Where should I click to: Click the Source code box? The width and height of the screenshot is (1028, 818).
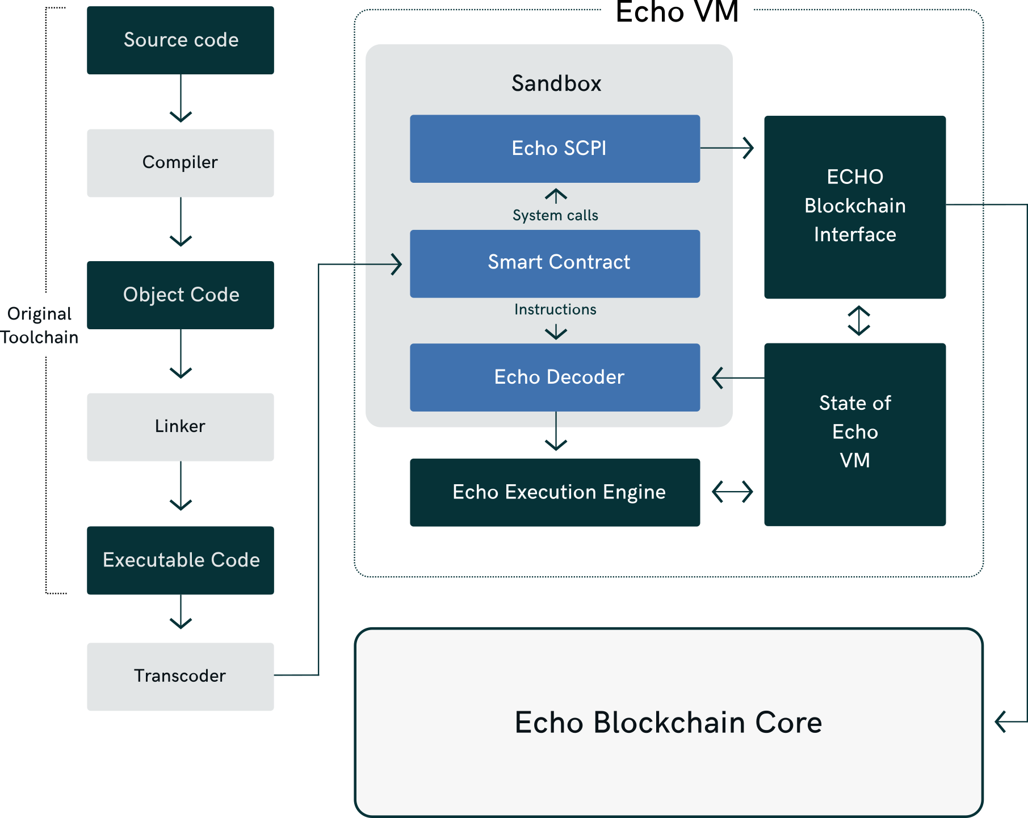(181, 40)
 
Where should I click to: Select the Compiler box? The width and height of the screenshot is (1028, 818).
(181, 163)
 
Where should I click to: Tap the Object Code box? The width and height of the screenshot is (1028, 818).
(181, 295)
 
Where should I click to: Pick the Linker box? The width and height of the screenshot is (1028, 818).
(181, 427)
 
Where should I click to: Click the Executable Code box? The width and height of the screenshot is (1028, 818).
(181, 560)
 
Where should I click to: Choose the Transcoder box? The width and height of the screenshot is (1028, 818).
(181, 677)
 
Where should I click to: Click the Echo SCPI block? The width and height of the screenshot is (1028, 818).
(555, 149)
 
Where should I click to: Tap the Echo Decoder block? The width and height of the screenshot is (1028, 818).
(555, 377)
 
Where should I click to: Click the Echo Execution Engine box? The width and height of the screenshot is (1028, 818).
(555, 492)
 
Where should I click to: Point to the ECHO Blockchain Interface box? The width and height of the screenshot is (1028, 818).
(854, 207)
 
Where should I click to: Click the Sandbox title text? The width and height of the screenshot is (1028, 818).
(556, 84)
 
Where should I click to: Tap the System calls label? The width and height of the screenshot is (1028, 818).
(555, 216)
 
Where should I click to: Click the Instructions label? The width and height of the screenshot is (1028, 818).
(555, 309)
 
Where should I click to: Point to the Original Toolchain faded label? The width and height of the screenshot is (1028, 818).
(40, 326)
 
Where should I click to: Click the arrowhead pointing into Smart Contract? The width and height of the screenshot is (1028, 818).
(396, 264)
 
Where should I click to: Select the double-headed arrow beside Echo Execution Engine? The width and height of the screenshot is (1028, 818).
(732, 492)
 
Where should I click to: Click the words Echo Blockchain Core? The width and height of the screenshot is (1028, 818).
(668, 723)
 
